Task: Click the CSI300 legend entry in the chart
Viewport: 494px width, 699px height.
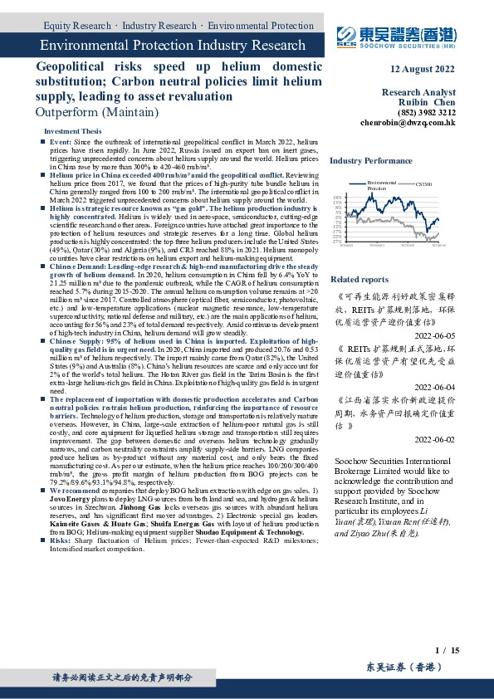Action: point(423,184)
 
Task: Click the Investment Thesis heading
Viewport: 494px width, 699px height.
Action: point(72,132)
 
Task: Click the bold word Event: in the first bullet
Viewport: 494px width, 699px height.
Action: point(61,143)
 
